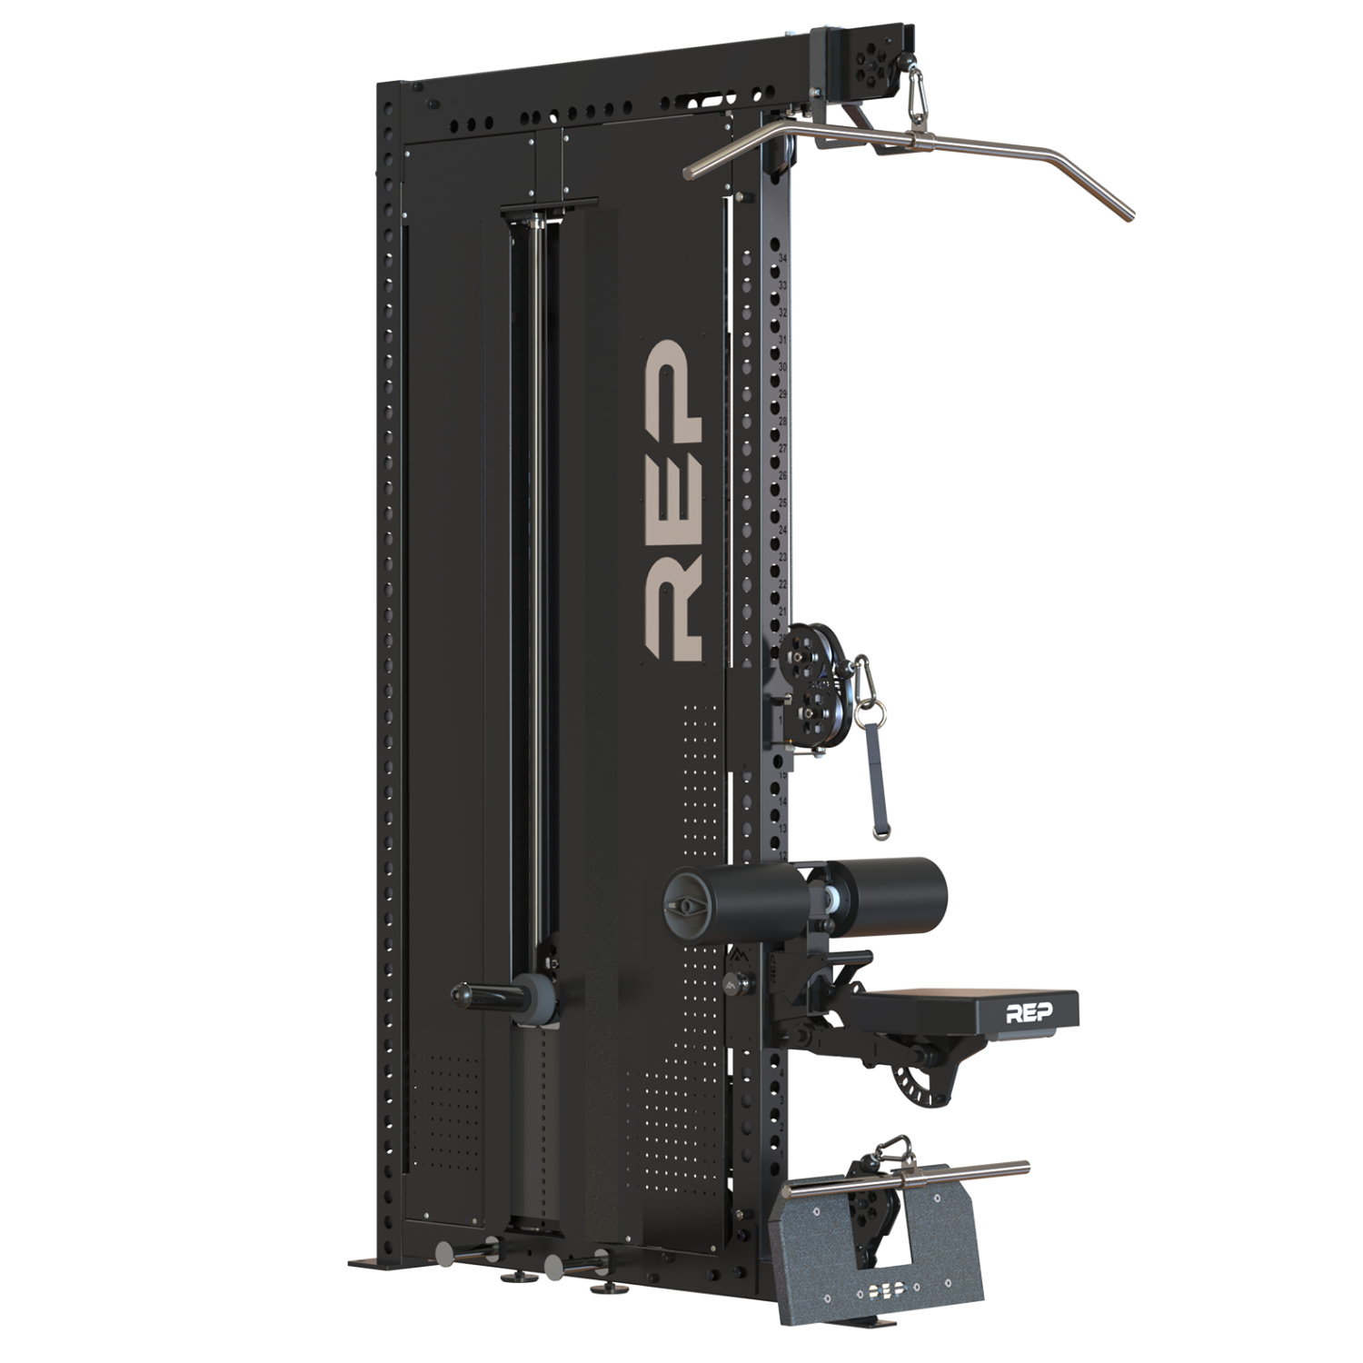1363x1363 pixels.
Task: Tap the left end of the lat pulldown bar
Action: (695, 166)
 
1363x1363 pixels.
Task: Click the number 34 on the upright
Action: (782, 259)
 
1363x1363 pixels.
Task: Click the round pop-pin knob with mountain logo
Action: (741, 982)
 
